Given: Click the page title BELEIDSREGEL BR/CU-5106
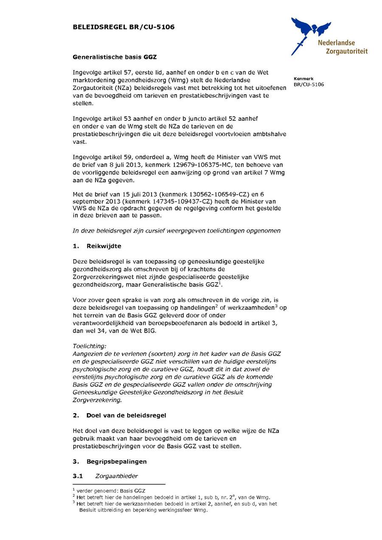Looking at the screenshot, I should (124, 27).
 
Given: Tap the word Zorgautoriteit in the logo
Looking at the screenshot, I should (346, 51).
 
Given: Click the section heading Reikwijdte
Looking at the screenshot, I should (104, 246).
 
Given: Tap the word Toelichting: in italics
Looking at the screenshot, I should (89, 346).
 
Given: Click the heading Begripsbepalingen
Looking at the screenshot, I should (117, 461).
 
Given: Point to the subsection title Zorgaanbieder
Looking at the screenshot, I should (116, 476).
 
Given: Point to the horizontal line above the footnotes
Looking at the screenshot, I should (119, 484).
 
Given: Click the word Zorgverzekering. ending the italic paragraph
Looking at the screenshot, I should (97, 400).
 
